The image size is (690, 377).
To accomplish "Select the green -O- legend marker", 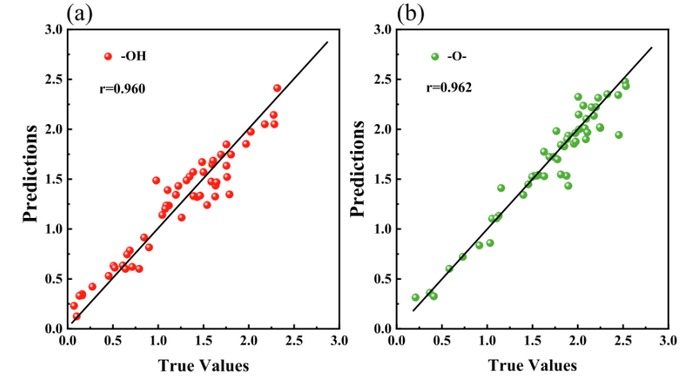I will [435, 56].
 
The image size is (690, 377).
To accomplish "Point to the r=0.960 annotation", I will [120, 88].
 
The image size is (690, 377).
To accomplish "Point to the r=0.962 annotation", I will [447, 88].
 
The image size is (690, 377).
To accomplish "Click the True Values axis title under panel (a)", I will [202, 365].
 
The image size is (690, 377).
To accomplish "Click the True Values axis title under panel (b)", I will [532, 365].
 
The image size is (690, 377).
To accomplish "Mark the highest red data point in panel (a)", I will [277, 87].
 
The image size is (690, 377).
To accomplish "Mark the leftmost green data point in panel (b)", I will [415, 297].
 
